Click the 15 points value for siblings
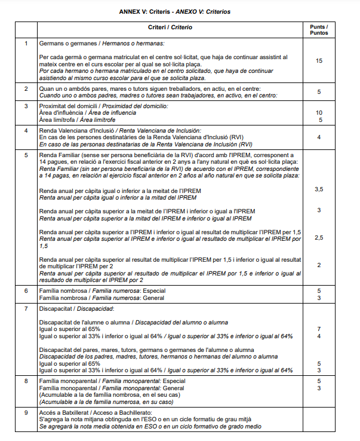click(319, 61)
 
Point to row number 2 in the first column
click(26, 89)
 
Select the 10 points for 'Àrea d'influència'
click(319, 112)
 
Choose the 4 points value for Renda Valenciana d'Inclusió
click(319, 137)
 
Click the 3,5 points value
click(319, 189)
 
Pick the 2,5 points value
click(319, 237)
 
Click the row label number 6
click(26, 290)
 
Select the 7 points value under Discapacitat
click(319, 329)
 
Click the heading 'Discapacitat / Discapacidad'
click(76, 309)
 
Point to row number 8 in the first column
click(26, 380)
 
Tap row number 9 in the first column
click(26, 413)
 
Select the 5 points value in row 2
click(319, 92)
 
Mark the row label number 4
click(26, 130)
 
